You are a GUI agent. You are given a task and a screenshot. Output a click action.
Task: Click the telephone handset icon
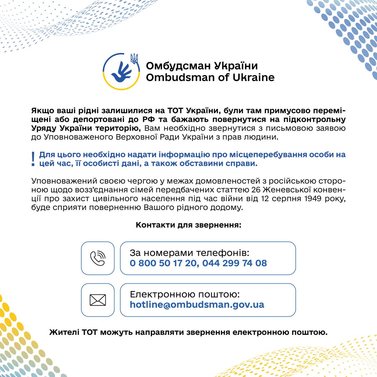pyautogui.click(x=97, y=258)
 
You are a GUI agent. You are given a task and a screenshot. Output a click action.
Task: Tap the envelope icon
pyautogui.click(x=97, y=300)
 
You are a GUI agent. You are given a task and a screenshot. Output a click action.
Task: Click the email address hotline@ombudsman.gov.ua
pyautogui.click(x=197, y=305)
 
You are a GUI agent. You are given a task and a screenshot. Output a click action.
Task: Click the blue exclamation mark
pyautogui.click(x=33, y=159)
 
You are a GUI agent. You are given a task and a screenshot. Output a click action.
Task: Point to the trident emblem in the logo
pyautogui.click(x=134, y=59)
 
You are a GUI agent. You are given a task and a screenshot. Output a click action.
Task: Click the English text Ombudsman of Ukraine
pyautogui.click(x=210, y=77)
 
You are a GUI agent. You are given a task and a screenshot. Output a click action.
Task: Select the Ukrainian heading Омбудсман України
pyautogui.click(x=202, y=65)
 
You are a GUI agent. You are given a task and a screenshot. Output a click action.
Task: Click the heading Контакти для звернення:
pyautogui.click(x=188, y=225)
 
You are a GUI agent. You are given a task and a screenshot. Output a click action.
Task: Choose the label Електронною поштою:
pyautogui.click(x=185, y=295)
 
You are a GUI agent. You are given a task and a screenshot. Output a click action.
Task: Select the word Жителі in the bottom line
pyautogui.click(x=64, y=333)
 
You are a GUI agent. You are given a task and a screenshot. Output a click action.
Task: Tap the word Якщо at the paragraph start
pyautogui.click(x=41, y=111)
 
